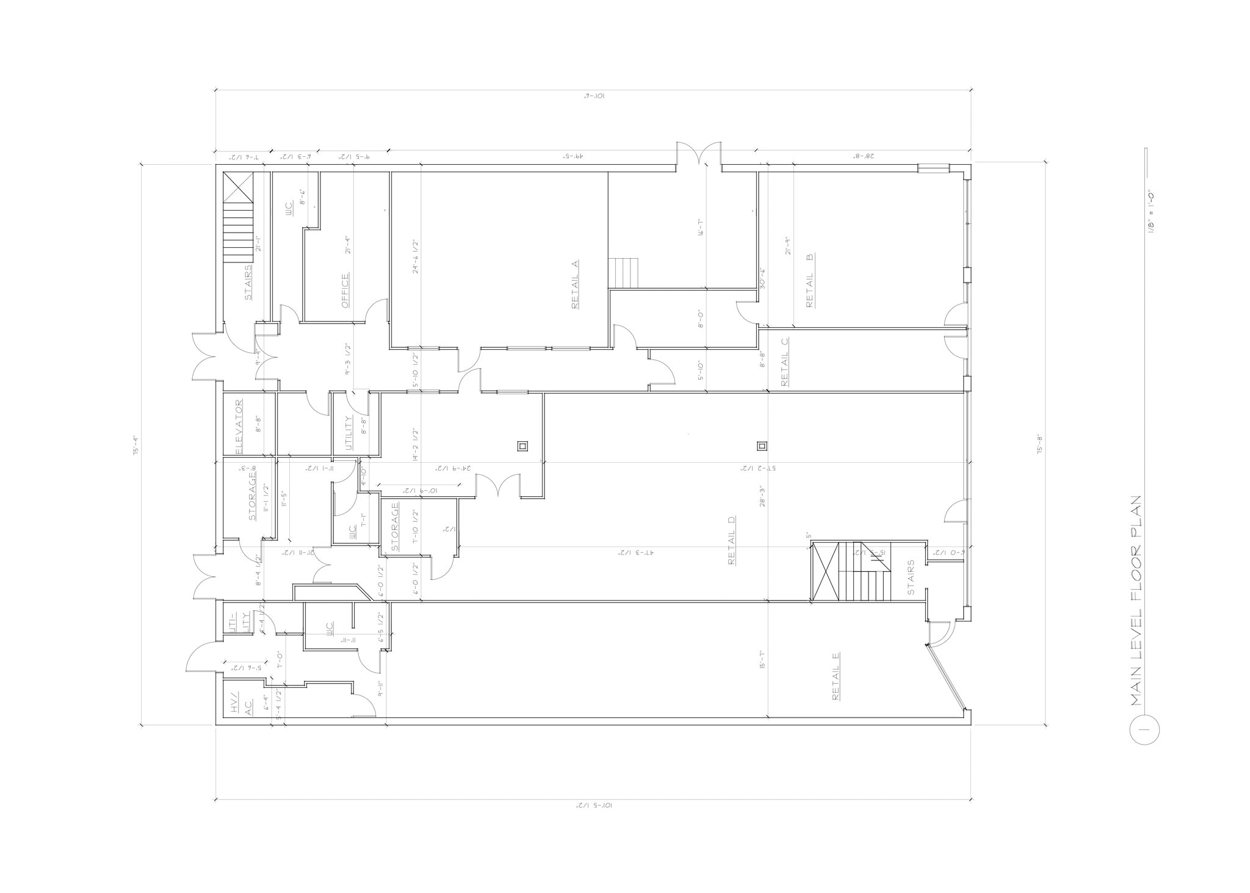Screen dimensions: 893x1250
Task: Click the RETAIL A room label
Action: (574, 284)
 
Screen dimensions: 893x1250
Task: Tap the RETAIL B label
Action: (810, 281)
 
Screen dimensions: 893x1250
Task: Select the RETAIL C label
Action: (784, 362)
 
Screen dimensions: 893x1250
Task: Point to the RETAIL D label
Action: (732, 540)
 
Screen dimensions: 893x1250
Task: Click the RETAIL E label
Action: (836, 676)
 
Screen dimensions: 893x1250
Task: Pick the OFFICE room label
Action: (345, 291)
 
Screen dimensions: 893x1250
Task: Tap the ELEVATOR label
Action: (239, 425)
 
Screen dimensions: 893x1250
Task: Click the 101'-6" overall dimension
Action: (593, 96)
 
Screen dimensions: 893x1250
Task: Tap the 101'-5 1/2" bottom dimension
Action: (593, 806)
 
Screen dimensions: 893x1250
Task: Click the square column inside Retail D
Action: (761, 446)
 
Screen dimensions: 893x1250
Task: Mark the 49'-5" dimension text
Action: (574, 156)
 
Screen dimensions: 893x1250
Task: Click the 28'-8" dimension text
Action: (864, 156)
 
